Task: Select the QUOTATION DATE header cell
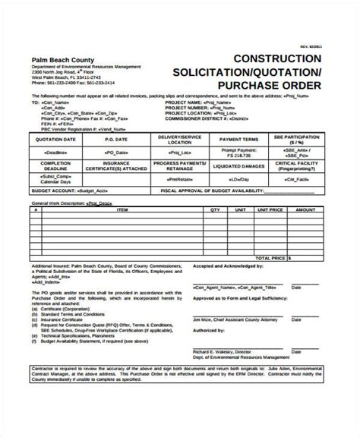57,139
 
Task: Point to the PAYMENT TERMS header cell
245,139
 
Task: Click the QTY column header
215,209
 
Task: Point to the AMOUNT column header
306,209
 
